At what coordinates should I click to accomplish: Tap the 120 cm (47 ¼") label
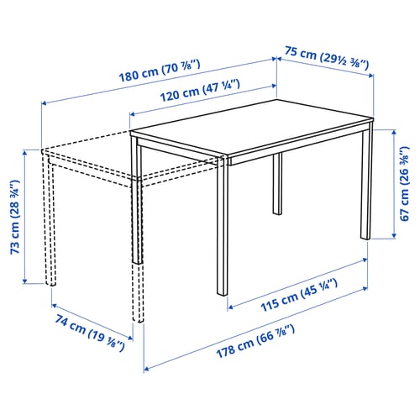200,90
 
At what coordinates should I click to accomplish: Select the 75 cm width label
327,59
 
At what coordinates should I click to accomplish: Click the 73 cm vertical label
15,217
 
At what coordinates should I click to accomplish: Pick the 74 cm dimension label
90,333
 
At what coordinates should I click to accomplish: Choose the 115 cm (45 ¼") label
299,295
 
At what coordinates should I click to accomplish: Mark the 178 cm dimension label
255,341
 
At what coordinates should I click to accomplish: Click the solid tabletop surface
252,128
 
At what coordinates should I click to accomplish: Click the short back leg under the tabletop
277,184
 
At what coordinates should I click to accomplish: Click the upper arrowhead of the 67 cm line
394,132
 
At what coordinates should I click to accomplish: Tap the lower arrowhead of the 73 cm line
25,281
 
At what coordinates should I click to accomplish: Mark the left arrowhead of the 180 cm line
45,103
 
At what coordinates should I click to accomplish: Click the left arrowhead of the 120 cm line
133,114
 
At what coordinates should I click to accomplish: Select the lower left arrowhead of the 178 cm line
146,369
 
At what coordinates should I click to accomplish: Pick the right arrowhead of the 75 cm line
370,75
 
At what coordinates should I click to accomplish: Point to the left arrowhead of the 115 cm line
230,307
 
